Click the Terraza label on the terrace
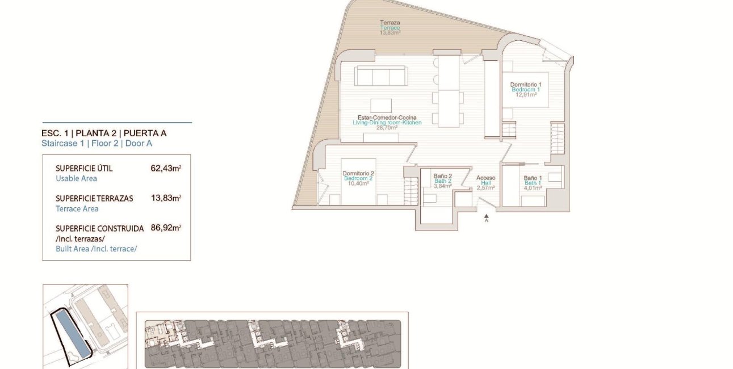pyautogui.click(x=389, y=23)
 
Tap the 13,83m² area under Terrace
pyautogui.click(x=390, y=33)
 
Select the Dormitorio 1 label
pyautogui.click(x=526, y=85)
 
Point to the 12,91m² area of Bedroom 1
pyautogui.click(x=526, y=95)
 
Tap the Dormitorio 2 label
pyautogui.click(x=358, y=174)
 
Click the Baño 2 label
pyautogui.click(x=442, y=176)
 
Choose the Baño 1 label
pyautogui.click(x=533, y=178)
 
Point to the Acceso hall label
pyautogui.click(x=485, y=178)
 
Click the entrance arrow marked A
pyautogui.click(x=486, y=217)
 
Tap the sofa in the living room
pyautogui.click(x=381, y=76)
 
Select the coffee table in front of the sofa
pyautogui.click(x=381, y=106)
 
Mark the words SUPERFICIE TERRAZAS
pyautogui.click(x=94, y=199)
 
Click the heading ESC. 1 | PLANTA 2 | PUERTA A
pyautogui.click(x=104, y=133)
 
